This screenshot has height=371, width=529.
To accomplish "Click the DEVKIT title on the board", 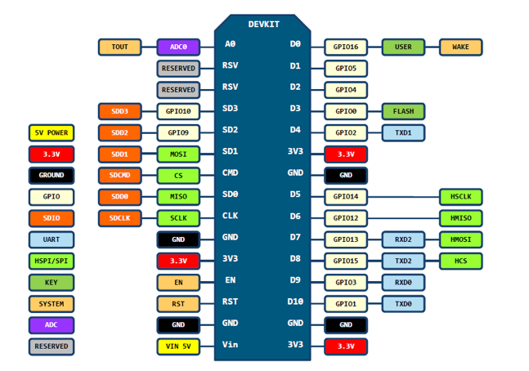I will pos(262,24).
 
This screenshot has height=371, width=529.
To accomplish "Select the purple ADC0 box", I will pos(178,47).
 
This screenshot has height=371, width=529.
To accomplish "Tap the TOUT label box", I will pos(119,47).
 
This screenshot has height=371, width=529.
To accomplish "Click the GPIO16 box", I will pos(346,47).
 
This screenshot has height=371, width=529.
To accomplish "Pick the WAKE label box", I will pos(460,47).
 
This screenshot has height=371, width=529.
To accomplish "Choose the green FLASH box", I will pos(403,111).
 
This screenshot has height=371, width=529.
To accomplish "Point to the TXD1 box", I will pos(403,132).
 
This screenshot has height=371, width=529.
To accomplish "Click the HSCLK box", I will pos(460,197).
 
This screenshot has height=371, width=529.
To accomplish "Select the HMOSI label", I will pos(460,239).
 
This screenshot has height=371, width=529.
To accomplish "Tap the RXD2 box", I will pos(403,239).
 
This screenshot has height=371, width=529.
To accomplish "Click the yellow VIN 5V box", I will pos(178,346).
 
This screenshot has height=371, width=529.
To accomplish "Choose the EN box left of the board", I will pos(178,283).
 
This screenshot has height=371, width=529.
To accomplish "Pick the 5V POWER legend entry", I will pos(52,132).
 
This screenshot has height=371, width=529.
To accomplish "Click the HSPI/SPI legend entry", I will pos(52,261).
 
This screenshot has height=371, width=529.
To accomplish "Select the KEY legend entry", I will pos(52,283).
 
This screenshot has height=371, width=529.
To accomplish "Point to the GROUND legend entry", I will pos(52,176).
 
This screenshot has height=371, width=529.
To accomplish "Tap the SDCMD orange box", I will pos(119,176).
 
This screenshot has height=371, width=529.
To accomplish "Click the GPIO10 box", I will pos(178,111).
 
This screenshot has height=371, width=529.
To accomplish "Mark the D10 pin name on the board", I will pos(295,302).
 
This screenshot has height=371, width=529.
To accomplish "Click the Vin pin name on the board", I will pos(231,345).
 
